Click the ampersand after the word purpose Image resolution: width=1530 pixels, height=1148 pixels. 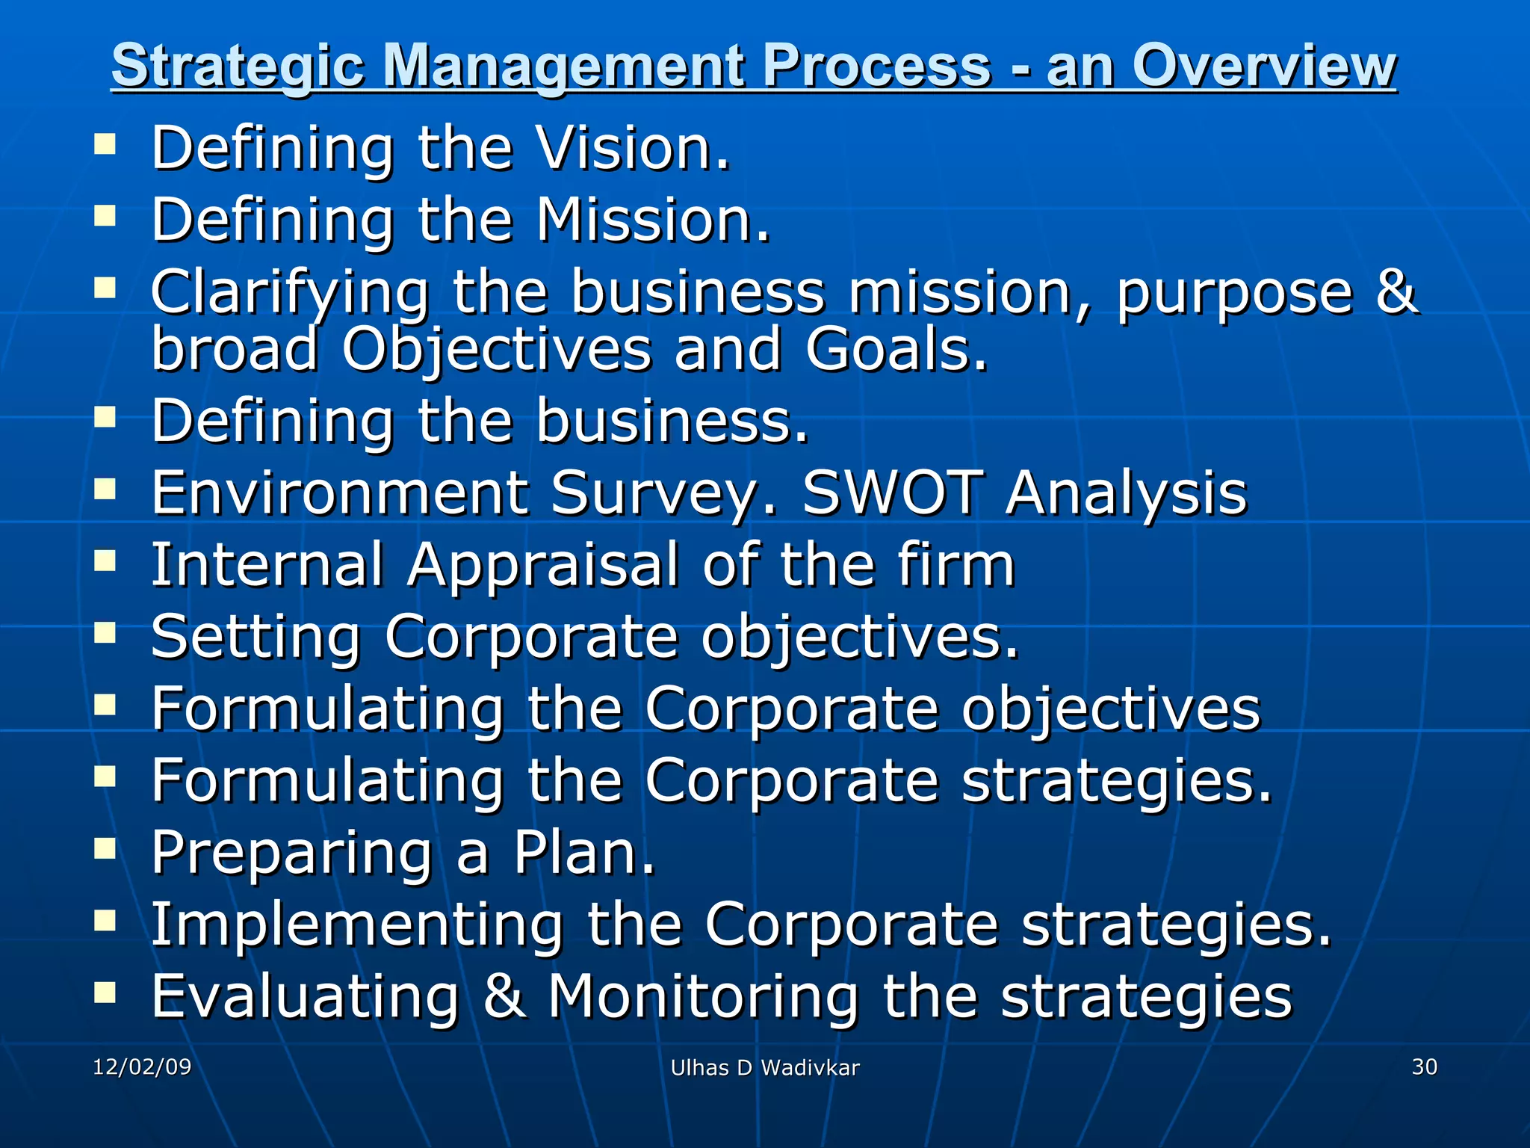click(x=1396, y=291)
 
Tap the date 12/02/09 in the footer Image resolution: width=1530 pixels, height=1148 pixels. click(x=142, y=1067)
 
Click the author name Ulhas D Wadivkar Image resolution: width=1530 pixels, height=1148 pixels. click(x=765, y=1068)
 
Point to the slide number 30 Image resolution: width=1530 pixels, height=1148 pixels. click(x=1424, y=1067)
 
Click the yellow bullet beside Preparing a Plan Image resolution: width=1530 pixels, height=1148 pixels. click(x=105, y=848)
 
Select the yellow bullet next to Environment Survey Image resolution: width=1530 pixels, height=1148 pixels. click(x=105, y=489)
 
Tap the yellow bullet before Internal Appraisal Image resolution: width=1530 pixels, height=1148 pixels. click(x=105, y=561)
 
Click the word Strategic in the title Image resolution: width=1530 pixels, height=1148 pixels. click(x=238, y=66)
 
